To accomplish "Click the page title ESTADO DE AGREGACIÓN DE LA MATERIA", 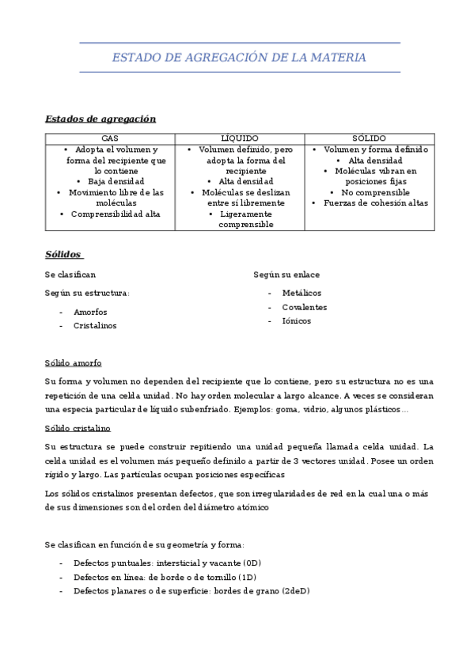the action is tap(239, 58).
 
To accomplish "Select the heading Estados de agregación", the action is tap(100, 119).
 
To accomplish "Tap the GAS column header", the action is tap(110, 138).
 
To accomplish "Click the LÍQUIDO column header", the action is tap(240, 138).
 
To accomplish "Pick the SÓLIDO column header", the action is tap(370, 138).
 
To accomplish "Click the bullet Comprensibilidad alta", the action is tap(116, 214).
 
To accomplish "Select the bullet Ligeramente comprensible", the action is tap(245, 219).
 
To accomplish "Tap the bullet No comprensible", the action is tap(375, 192).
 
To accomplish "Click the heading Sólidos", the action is tap(63, 255).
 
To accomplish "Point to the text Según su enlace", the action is tap(286, 275).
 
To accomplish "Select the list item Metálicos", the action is tap(301, 293).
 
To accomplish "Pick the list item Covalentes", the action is tap(304, 307).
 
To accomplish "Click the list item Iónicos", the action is tap(297, 321).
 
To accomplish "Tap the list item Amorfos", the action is tap(90, 312).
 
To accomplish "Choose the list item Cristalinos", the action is tap(94, 325).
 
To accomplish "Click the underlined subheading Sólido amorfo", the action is tap(73, 363).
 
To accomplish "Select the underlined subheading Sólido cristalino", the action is tap(78, 428).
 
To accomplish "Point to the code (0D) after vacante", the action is tap(252, 563).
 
